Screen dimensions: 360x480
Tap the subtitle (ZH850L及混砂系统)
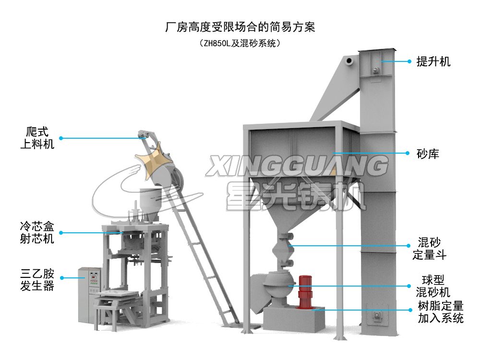click(240, 43)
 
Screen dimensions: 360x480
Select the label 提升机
click(433, 61)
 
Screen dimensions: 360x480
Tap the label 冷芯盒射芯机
click(37, 232)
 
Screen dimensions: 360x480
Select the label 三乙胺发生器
click(37, 280)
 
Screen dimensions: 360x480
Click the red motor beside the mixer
click(304, 292)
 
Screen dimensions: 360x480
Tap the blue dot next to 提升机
click(409, 61)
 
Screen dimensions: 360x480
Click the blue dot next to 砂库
click(409, 154)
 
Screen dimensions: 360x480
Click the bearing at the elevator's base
click(378, 315)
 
